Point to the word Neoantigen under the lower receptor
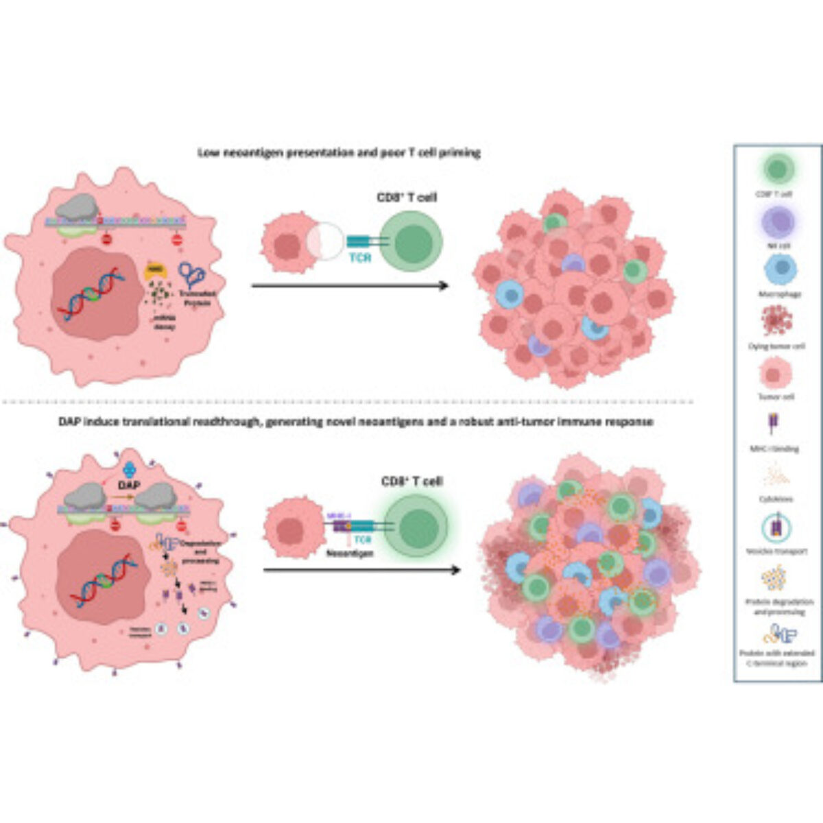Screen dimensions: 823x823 355,553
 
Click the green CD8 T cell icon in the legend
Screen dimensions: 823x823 778,168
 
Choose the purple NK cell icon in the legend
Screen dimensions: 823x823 778,221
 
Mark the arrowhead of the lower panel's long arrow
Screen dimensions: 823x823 455,569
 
